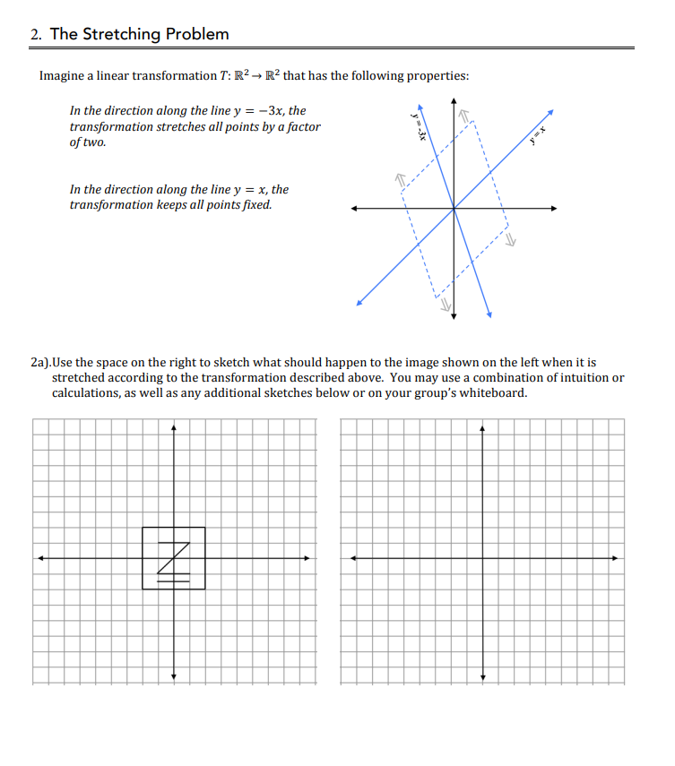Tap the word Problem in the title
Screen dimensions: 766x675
[x=195, y=34]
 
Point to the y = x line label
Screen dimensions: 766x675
[x=537, y=135]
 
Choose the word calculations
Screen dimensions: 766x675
[x=87, y=393]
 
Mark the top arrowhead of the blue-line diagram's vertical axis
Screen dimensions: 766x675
[x=454, y=100]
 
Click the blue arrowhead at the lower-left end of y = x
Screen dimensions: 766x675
[x=359, y=304]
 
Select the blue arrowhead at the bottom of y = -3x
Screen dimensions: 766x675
[x=490, y=314]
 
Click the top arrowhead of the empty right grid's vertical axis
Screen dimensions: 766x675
[x=483, y=427]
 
